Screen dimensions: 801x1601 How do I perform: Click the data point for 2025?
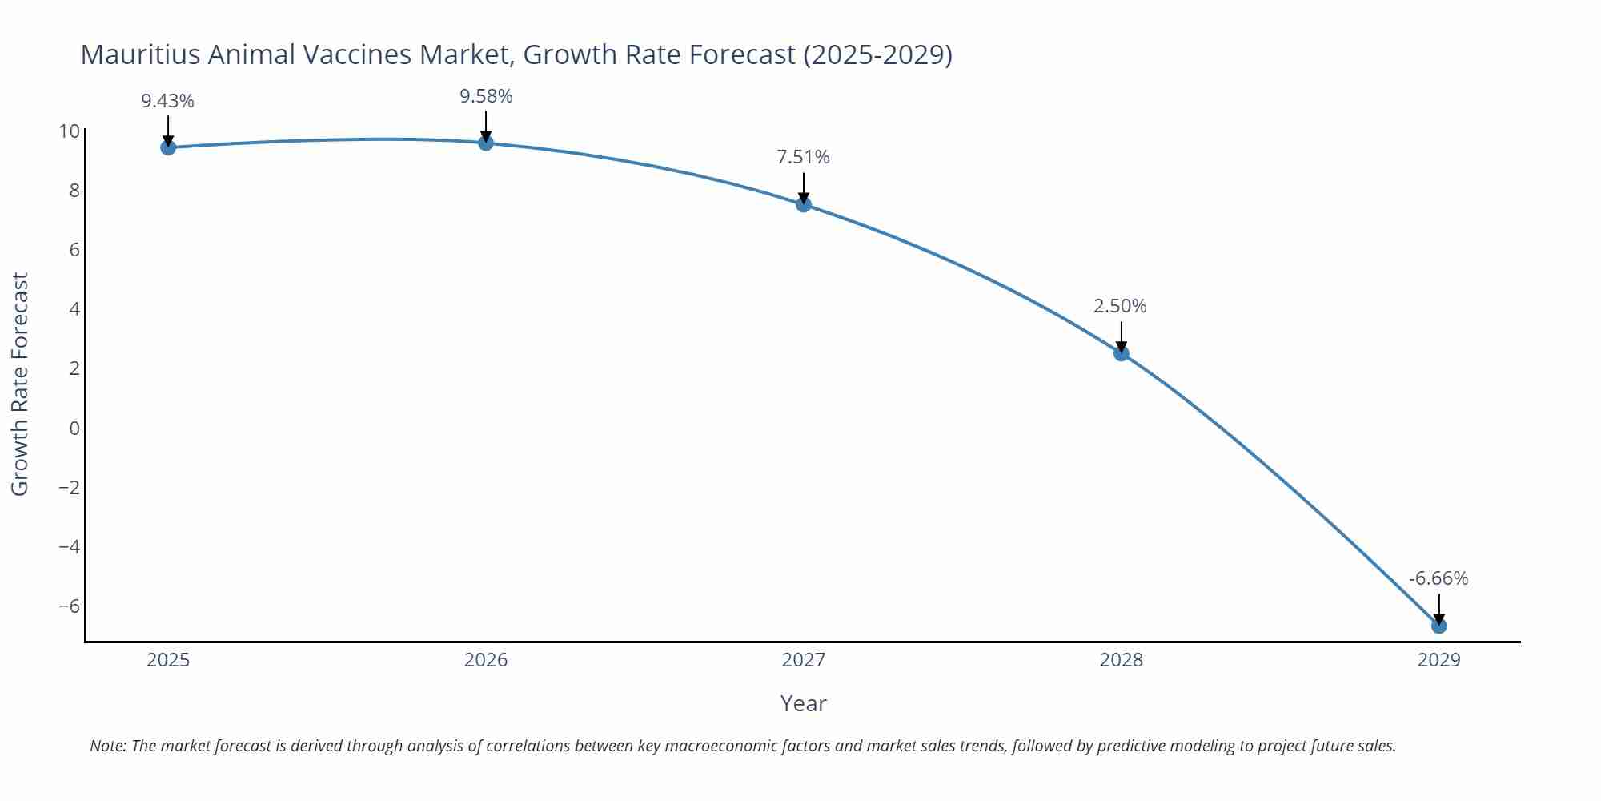point(168,147)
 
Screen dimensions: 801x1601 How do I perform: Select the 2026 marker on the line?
point(486,143)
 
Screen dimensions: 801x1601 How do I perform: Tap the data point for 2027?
point(804,204)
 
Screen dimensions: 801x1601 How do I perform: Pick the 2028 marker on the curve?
point(1122,353)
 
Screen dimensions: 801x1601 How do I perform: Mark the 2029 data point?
point(1439,626)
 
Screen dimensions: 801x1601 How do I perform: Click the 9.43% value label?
point(168,101)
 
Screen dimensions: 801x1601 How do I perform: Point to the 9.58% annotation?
point(486,96)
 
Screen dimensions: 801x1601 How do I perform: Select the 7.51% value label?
point(804,157)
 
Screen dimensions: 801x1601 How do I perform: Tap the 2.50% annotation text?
point(1121,306)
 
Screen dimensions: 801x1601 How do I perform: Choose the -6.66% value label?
point(1438,578)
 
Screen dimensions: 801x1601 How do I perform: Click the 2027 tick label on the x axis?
point(804,660)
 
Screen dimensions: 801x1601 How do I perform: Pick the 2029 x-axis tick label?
point(1439,660)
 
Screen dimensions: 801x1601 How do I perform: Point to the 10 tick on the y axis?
point(70,131)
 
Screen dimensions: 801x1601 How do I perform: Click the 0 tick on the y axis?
point(74,429)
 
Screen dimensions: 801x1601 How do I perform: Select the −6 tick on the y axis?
point(70,606)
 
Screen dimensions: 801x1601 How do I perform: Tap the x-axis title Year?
point(804,703)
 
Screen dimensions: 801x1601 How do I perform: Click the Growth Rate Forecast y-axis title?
point(20,384)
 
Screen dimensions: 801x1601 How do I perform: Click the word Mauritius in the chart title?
point(141,54)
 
